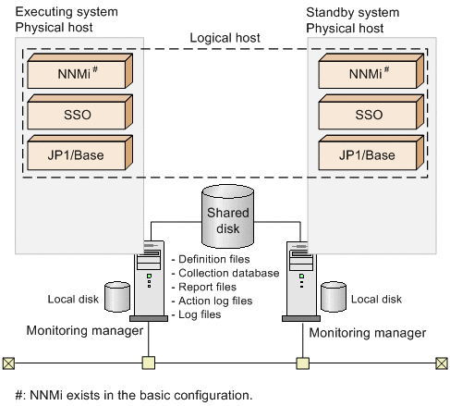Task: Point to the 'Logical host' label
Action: (x=225, y=38)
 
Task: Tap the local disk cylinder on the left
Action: (x=118, y=299)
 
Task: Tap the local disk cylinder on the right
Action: (x=334, y=299)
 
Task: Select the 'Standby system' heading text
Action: (x=351, y=12)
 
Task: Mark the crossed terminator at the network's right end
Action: (x=440, y=362)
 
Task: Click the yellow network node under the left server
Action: (x=146, y=362)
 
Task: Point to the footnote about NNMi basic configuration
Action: (x=133, y=395)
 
